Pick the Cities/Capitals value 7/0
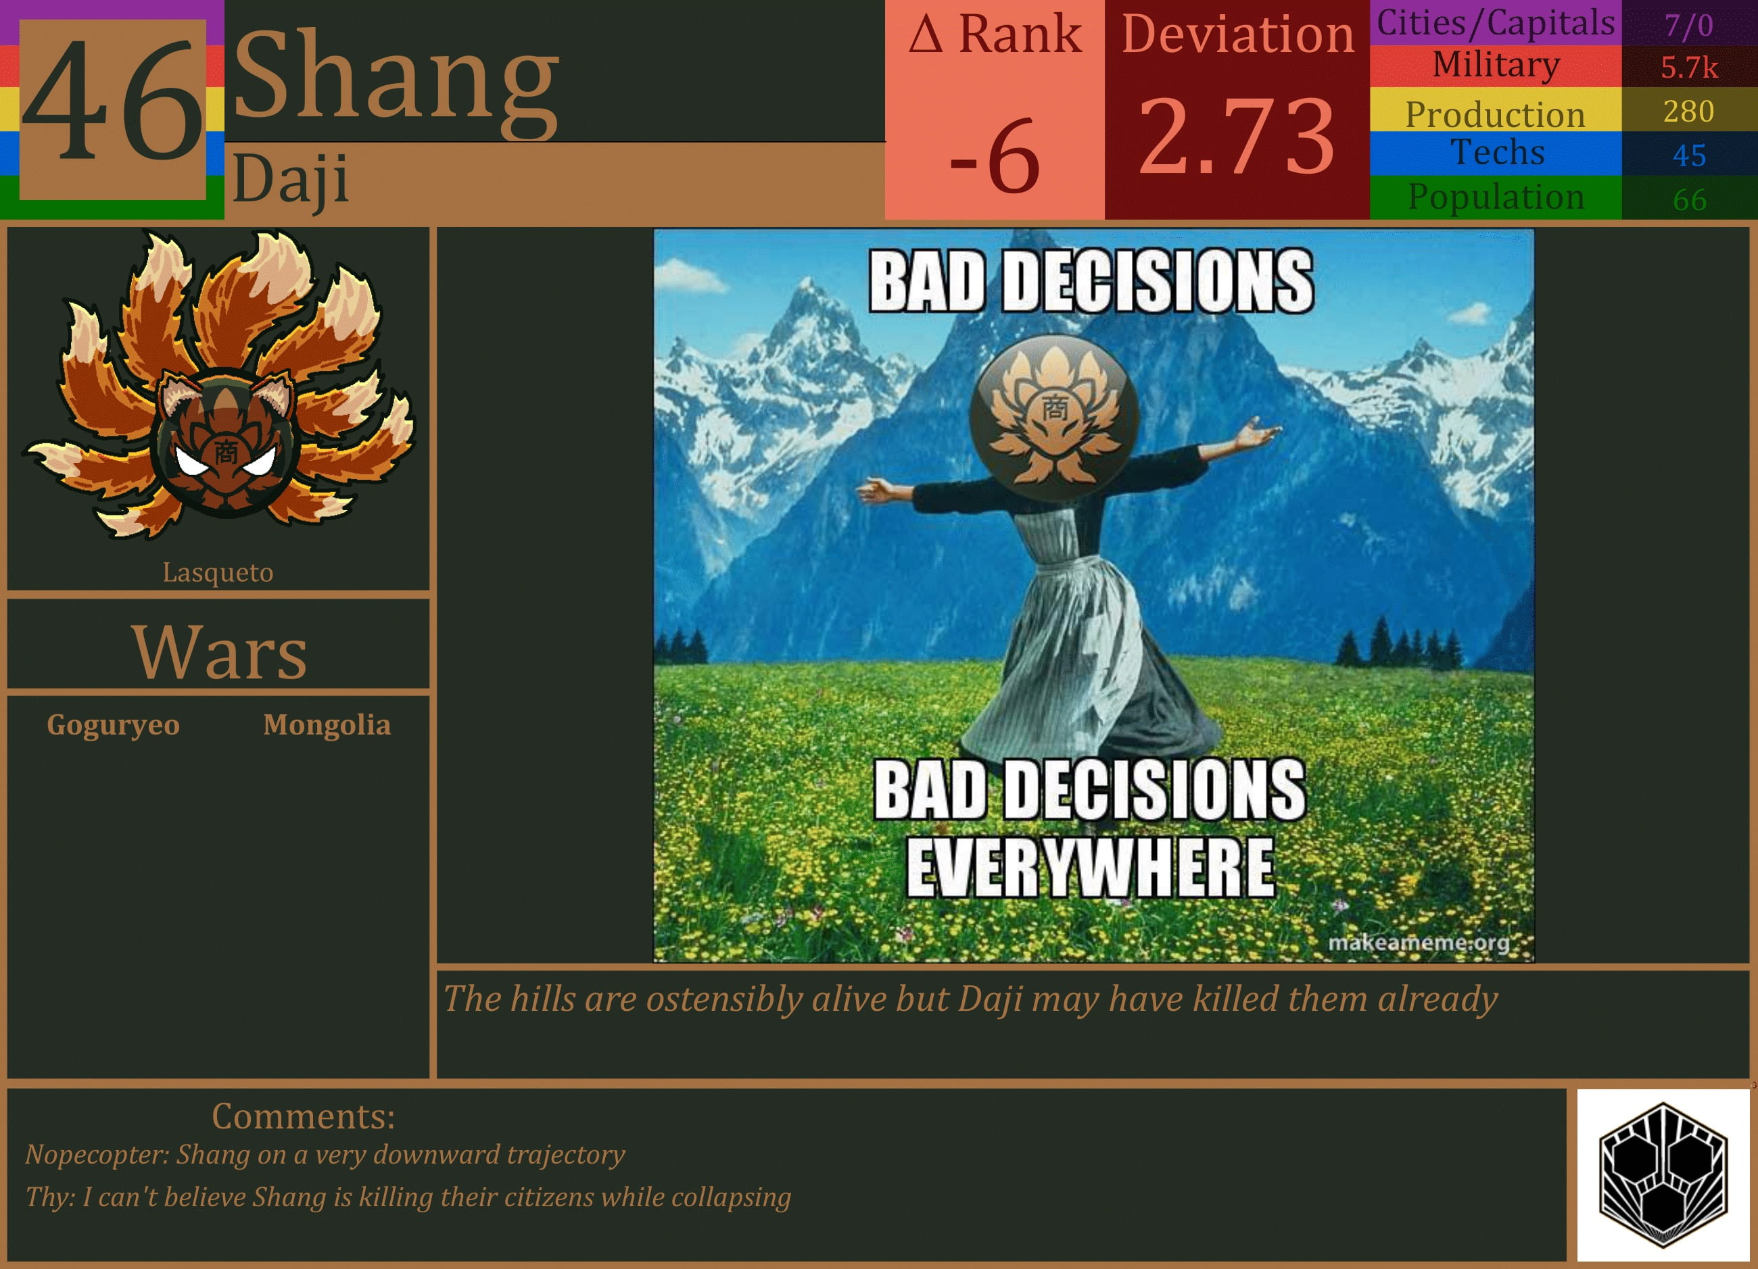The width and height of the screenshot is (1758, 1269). (1688, 26)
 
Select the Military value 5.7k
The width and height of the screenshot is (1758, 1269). (1688, 68)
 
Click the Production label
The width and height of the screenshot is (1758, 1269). (1494, 114)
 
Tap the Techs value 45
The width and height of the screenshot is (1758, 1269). (1688, 155)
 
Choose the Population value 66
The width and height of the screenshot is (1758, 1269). (1688, 200)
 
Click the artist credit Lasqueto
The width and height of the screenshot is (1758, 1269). (218, 572)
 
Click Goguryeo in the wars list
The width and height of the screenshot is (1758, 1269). (113, 725)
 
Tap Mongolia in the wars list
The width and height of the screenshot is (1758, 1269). (327, 725)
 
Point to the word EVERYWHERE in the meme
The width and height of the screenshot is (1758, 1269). (1090, 868)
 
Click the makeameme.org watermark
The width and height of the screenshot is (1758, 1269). (1419, 943)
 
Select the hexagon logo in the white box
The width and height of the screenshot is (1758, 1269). (1663, 1175)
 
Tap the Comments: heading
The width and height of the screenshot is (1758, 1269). (303, 1116)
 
